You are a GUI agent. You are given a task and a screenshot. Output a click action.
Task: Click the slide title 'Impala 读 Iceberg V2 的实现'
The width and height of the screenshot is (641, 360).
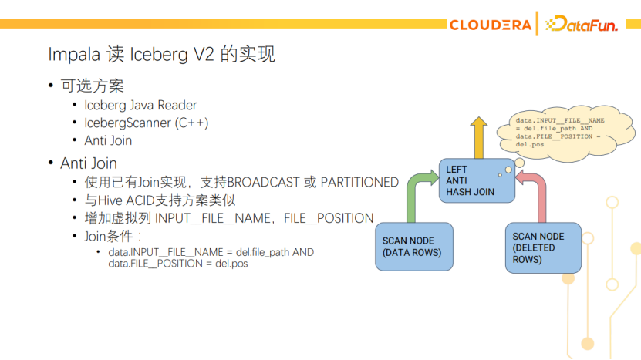161,55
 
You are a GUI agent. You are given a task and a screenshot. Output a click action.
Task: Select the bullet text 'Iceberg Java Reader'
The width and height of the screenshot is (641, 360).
140,105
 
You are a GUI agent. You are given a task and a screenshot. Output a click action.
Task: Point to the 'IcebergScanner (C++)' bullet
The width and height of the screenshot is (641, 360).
146,123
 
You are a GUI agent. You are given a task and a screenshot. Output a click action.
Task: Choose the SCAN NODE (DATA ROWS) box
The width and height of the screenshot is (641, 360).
414,246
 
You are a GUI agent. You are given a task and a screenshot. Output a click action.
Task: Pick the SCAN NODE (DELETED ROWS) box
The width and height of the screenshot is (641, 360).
544,247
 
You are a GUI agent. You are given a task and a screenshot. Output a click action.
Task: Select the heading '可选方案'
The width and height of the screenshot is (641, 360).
92,86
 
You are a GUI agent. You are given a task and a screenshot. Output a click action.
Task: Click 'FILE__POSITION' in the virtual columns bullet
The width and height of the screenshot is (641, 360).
329,218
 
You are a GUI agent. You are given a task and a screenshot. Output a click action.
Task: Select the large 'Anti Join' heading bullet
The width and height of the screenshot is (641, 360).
88,163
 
